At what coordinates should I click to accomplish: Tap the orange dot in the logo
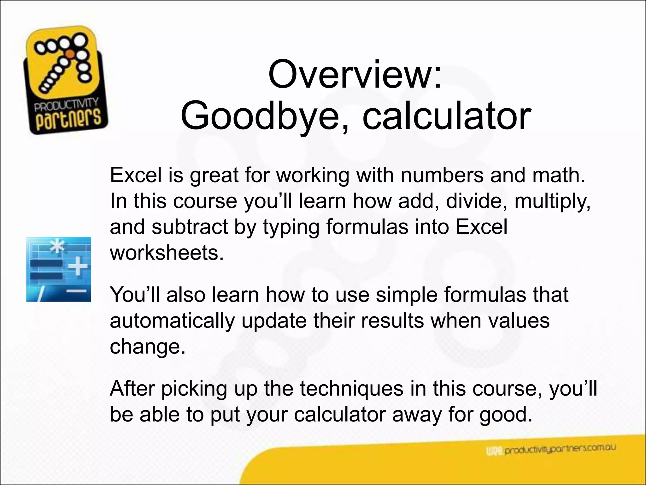click(71, 54)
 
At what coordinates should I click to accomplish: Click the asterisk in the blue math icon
click(57, 247)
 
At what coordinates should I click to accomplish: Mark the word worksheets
click(167, 253)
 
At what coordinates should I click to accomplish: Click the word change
click(147, 346)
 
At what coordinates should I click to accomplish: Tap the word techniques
click(352, 389)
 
